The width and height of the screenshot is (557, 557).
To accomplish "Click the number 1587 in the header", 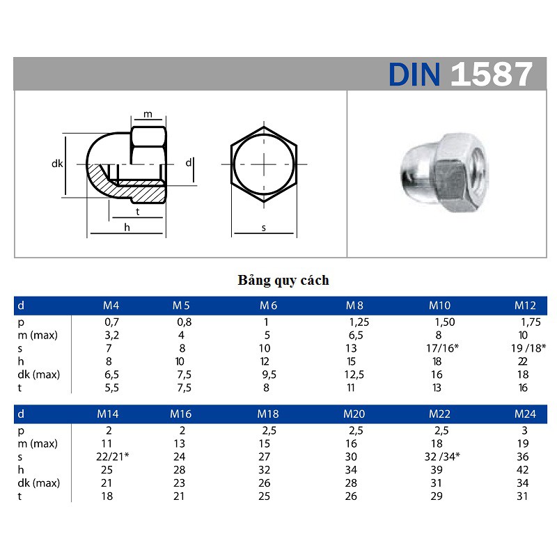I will [x=492, y=74].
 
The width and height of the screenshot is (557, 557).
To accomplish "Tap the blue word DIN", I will [x=415, y=74].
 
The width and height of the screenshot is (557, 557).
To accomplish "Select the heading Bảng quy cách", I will [x=283, y=281].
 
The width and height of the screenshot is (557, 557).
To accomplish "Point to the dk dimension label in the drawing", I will [x=57, y=164].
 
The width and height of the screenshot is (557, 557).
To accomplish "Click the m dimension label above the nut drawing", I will [x=148, y=114].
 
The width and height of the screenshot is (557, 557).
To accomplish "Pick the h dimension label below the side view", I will [x=127, y=228].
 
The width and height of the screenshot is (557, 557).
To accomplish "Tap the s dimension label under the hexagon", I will [x=264, y=228].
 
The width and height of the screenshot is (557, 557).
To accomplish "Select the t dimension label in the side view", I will [x=138, y=210].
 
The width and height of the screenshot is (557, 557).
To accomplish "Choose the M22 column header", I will [x=440, y=414].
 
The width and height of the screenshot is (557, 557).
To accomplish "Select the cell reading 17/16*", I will [x=443, y=348].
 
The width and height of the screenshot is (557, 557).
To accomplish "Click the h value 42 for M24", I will [x=525, y=470].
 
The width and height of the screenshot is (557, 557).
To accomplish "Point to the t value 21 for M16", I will [x=180, y=496].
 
